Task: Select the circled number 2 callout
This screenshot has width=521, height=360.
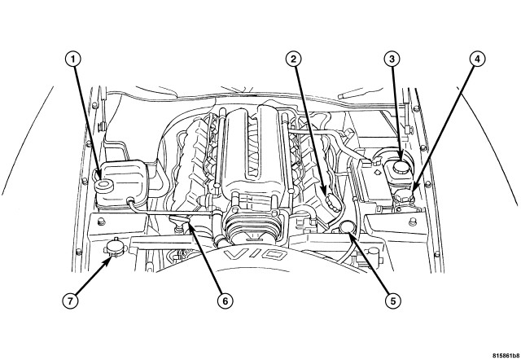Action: (x=294, y=58)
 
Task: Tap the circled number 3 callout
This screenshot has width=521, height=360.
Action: (x=392, y=58)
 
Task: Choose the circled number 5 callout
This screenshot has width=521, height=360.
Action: (x=392, y=299)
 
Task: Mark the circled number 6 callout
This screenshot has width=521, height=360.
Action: (x=220, y=299)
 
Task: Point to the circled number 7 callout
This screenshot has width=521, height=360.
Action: (x=71, y=299)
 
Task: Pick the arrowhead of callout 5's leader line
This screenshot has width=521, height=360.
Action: (x=352, y=235)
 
